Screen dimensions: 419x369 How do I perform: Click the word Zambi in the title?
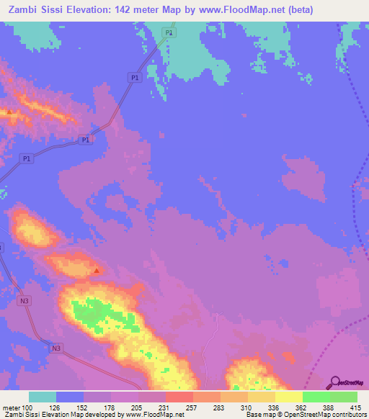[x=22, y=9]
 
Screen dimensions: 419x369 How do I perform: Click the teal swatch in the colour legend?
[x=43, y=397]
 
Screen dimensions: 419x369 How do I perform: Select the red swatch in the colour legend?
[x=179, y=397]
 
